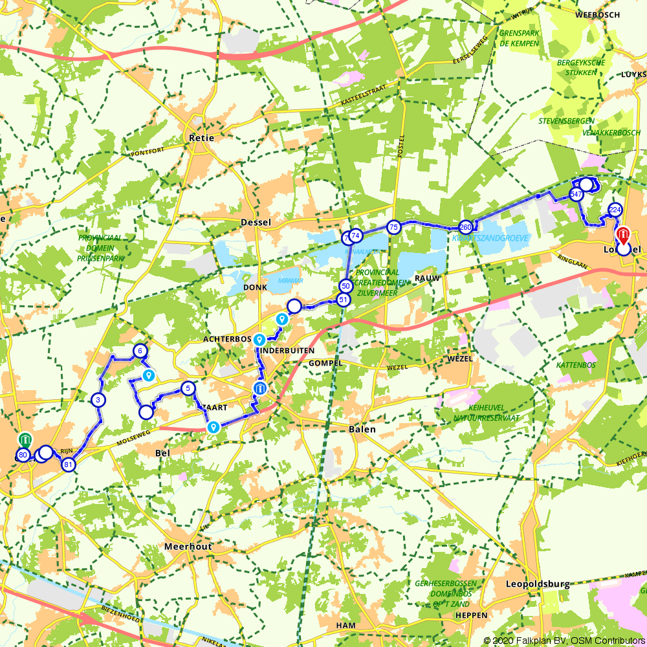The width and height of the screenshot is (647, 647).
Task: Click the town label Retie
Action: (x=201, y=138)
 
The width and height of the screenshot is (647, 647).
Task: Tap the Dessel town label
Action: (x=256, y=222)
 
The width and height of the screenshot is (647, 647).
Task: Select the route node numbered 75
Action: (x=393, y=227)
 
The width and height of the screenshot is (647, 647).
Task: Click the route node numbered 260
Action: (x=465, y=227)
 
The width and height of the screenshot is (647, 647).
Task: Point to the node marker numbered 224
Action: (x=615, y=210)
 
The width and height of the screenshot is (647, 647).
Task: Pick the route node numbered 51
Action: (x=344, y=300)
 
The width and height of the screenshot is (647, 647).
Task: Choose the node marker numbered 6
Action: (x=139, y=351)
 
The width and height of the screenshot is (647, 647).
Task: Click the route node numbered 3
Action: (x=98, y=400)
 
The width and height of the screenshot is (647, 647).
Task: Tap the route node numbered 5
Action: (x=188, y=388)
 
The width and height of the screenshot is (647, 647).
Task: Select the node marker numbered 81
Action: (x=68, y=464)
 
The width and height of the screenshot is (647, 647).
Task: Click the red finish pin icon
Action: (x=623, y=234)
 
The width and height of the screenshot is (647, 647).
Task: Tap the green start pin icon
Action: (x=24, y=441)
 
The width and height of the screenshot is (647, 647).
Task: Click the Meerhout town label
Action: (x=188, y=547)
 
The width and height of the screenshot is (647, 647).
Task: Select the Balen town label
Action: (x=362, y=430)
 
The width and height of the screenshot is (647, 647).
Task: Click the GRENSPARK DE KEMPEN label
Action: (x=519, y=38)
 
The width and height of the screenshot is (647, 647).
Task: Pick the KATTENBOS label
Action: (x=576, y=366)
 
